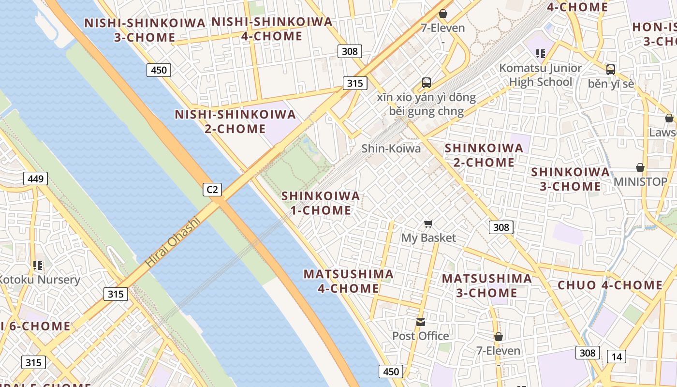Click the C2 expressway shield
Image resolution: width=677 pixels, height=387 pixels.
212,189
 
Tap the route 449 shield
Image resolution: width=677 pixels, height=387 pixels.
36,179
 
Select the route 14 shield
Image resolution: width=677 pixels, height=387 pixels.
617,357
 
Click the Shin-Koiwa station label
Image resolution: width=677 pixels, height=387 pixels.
391,149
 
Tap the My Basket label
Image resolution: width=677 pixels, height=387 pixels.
428,238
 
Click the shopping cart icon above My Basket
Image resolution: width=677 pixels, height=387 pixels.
428,223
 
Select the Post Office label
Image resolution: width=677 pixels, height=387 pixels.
420,336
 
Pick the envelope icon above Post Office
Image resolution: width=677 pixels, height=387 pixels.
421,322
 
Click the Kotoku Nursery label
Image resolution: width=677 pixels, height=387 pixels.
39,280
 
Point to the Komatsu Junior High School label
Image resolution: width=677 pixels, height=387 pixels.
541,75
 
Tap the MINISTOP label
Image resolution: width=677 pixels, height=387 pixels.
640,182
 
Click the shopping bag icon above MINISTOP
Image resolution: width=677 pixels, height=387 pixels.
640,167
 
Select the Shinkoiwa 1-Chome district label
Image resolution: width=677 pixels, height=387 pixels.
321,203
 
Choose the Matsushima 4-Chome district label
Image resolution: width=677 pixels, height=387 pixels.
348,281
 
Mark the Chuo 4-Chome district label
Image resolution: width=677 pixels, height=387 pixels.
610,285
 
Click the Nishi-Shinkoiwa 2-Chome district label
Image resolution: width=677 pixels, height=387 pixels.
235,121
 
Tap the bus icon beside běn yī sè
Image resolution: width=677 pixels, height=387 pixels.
611,70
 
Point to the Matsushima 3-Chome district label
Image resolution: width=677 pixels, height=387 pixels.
486,285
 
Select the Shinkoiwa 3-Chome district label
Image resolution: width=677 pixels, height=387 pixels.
570,179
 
